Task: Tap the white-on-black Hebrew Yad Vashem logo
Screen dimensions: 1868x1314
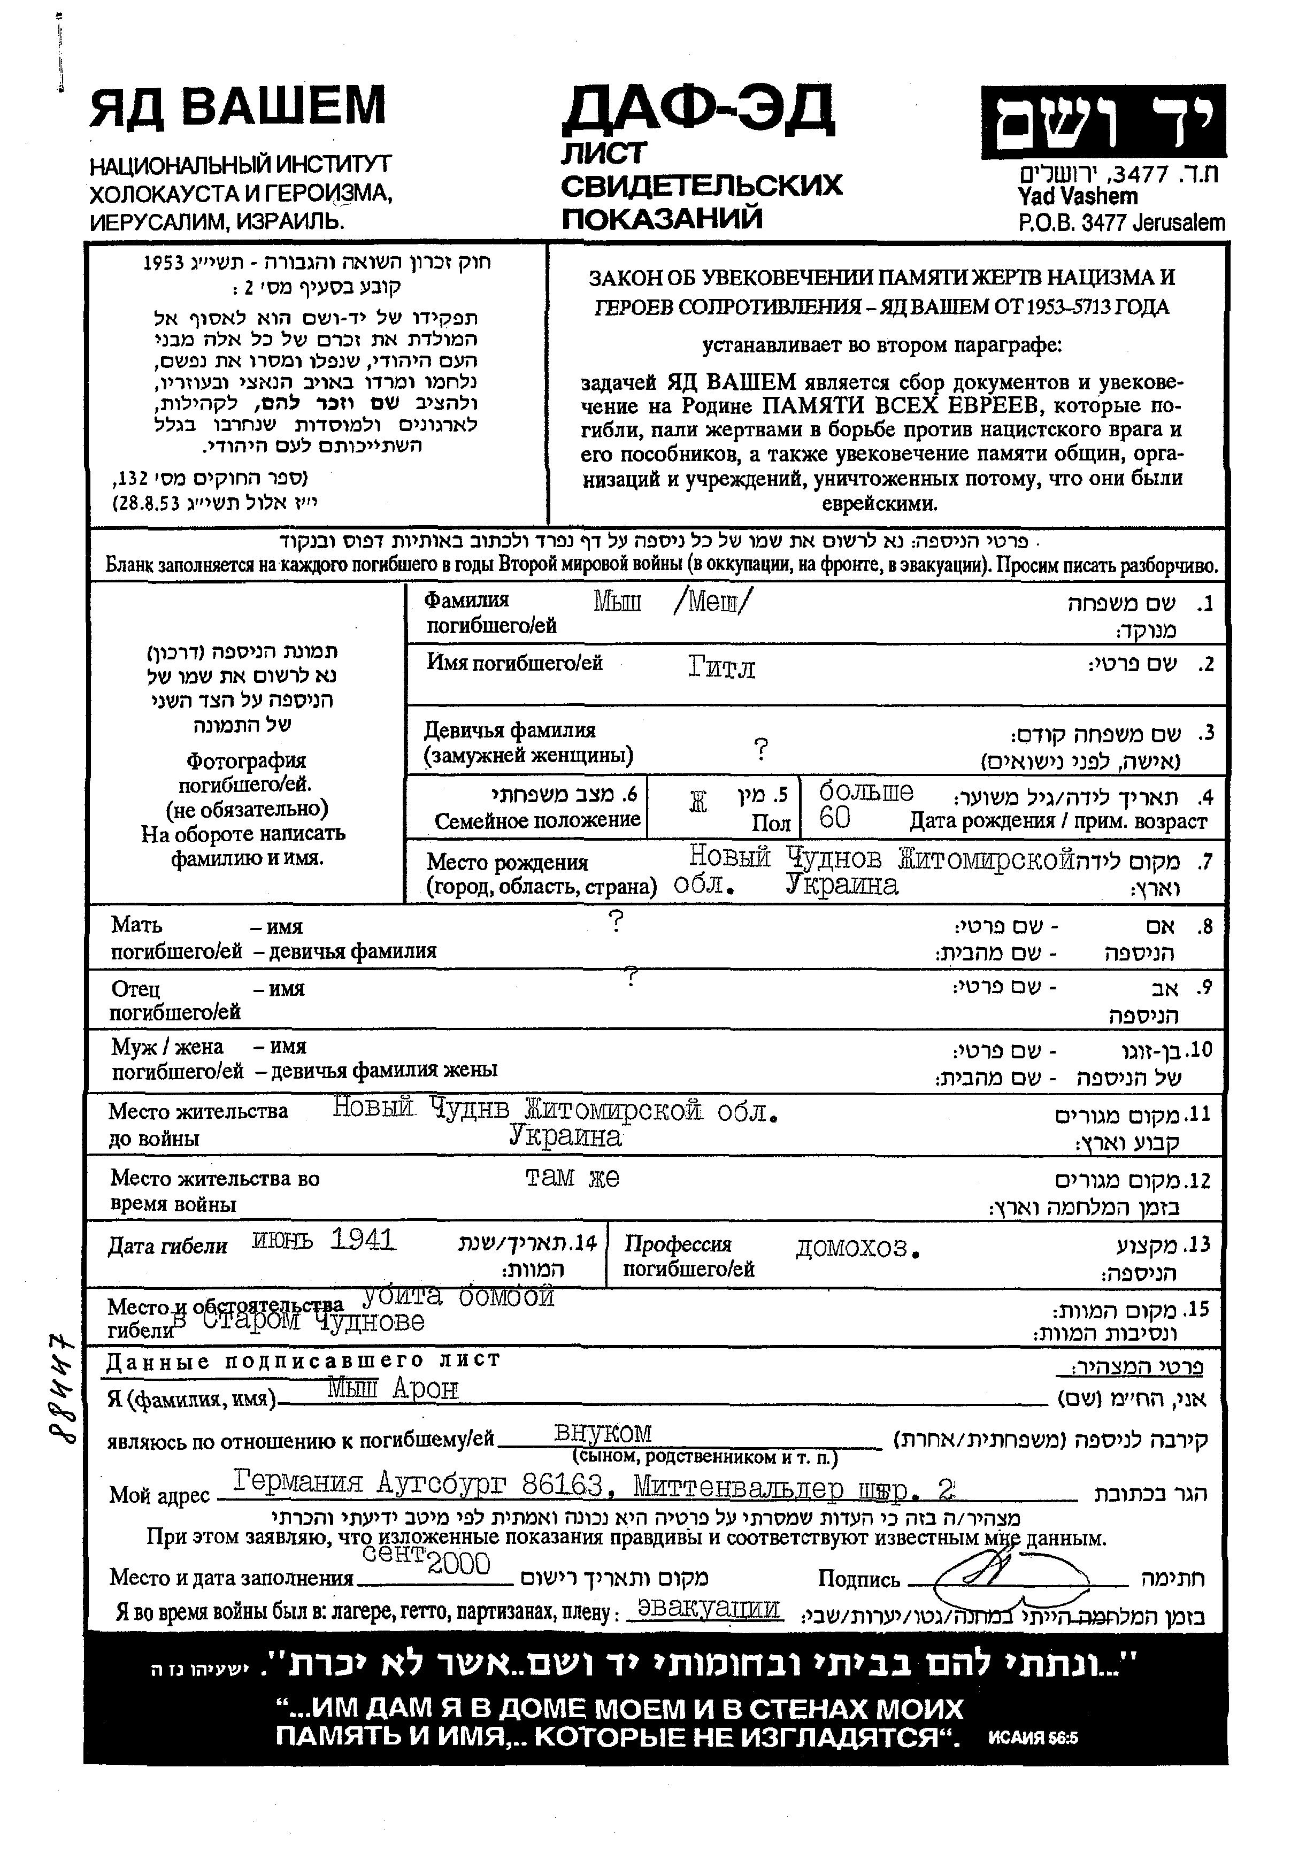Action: coord(1102,122)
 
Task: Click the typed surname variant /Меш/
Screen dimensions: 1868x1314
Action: coord(713,602)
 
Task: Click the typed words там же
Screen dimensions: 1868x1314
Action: coord(572,1177)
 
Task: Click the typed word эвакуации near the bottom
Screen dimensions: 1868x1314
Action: coord(709,1609)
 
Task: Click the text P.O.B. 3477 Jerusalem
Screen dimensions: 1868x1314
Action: coord(1120,222)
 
